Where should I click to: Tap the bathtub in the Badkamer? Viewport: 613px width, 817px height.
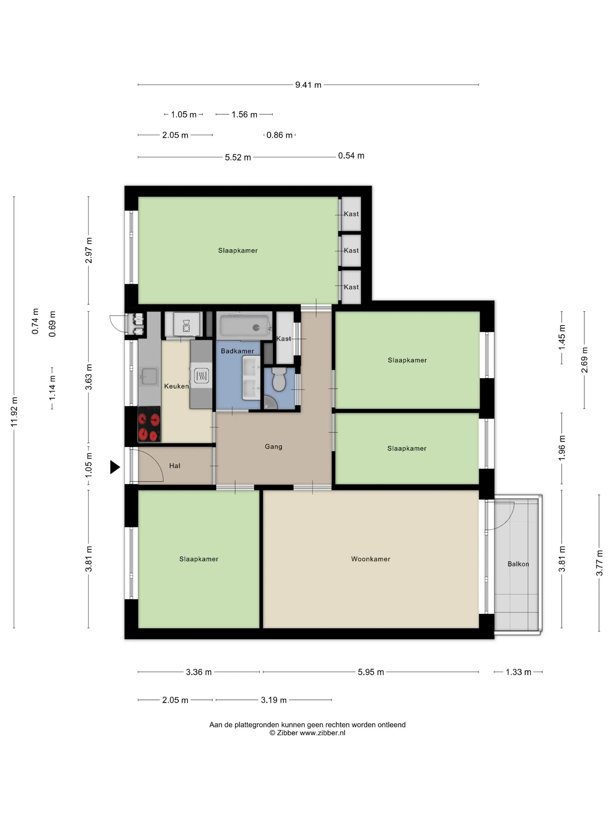tap(244, 325)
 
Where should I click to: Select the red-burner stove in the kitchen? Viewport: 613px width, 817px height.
tap(149, 424)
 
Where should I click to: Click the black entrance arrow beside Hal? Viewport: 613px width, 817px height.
tap(115, 467)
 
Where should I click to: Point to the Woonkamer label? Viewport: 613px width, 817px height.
tap(371, 559)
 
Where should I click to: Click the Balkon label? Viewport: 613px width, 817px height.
tap(518, 564)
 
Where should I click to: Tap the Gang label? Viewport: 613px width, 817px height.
tap(274, 446)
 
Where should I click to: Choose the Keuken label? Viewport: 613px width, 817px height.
tap(176, 386)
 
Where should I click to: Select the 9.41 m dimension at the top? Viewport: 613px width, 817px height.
tap(308, 85)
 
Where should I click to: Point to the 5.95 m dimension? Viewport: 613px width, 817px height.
tap(371, 672)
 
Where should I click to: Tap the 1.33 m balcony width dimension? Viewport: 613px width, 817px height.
tap(518, 672)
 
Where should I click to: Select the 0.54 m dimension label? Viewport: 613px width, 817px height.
tap(351, 156)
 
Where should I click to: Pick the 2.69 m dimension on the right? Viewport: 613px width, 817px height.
tap(584, 360)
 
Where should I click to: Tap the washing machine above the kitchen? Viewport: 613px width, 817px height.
tap(187, 324)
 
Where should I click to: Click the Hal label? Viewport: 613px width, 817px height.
tap(175, 466)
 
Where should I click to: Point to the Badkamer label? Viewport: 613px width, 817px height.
tap(237, 351)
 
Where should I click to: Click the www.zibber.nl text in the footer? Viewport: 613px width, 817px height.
tap(322, 733)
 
